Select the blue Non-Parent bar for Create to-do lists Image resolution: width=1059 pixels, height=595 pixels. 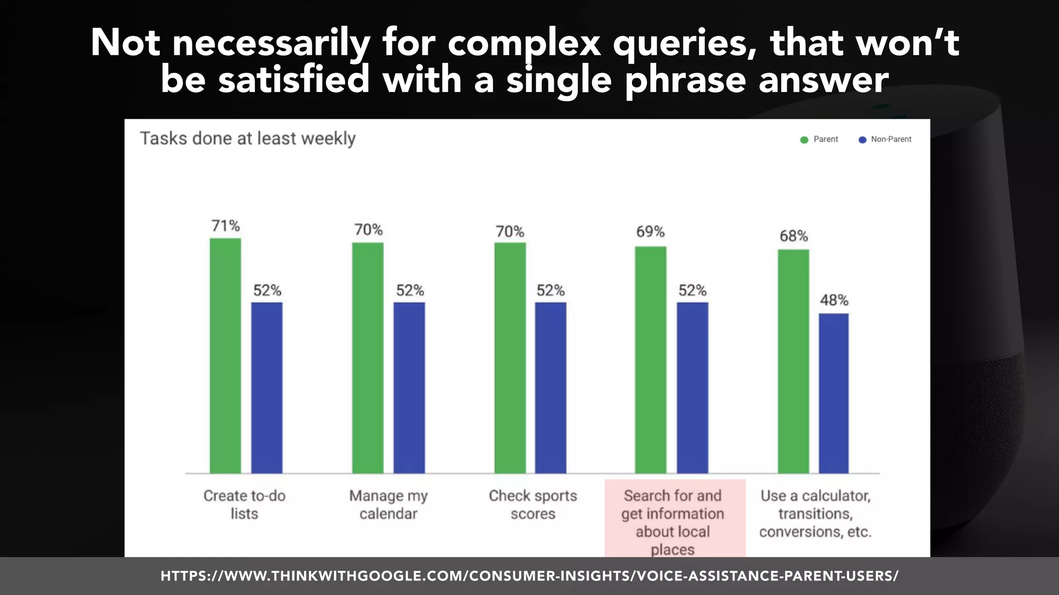tap(267, 387)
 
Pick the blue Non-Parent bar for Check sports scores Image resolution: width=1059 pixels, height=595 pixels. tap(550, 387)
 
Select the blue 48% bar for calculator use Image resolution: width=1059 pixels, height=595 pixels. tap(834, 393)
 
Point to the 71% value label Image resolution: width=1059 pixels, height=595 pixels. tap(225, 226)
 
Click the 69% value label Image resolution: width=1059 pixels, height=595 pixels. tap(650, 231)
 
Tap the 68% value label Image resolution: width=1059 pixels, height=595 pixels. tap(794, 236)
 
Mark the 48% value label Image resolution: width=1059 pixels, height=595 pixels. tap(834, 300)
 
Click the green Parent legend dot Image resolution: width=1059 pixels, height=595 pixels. tap(804, 140)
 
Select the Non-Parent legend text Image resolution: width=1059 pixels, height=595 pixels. tap(891, 139)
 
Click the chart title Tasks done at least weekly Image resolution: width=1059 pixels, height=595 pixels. tap(248, 138)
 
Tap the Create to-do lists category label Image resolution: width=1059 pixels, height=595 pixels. tap(244, 505)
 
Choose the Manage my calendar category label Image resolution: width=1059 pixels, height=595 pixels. tap(388, 505)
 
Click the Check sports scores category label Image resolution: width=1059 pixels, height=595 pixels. tap(533, 505)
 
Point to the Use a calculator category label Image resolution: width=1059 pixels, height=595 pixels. tap(815, 513)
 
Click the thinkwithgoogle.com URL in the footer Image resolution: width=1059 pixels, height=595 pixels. tap(529, 576)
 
